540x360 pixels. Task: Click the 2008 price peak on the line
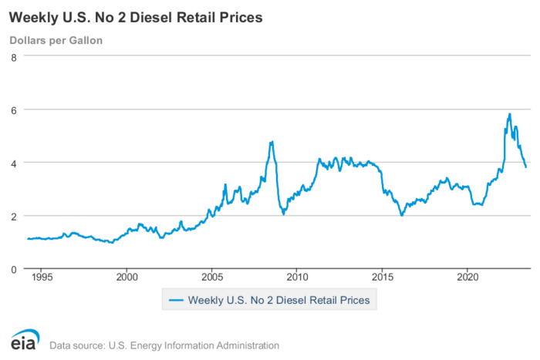tap(272, 142)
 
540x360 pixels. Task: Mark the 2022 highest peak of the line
tap(510, 114)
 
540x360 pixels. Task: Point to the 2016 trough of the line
tap(402, 215)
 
